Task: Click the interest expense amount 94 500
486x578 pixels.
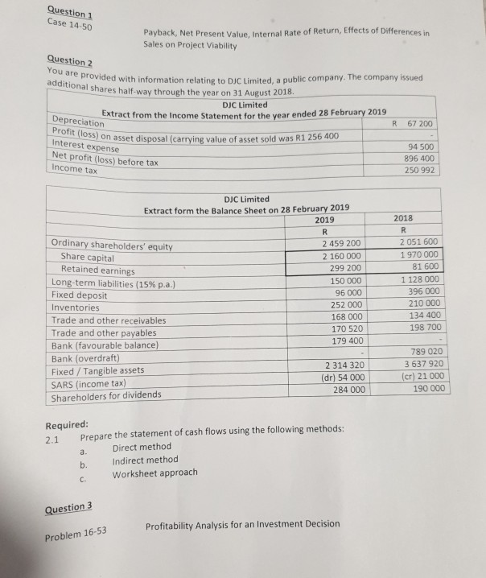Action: [424, 147]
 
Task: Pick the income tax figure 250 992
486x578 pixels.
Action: [424, 171]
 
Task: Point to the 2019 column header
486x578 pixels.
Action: [325, 219]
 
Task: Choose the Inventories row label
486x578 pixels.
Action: [76, 308]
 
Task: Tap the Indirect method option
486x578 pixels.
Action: [145, 460]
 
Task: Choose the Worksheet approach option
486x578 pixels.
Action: [154, 473]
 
